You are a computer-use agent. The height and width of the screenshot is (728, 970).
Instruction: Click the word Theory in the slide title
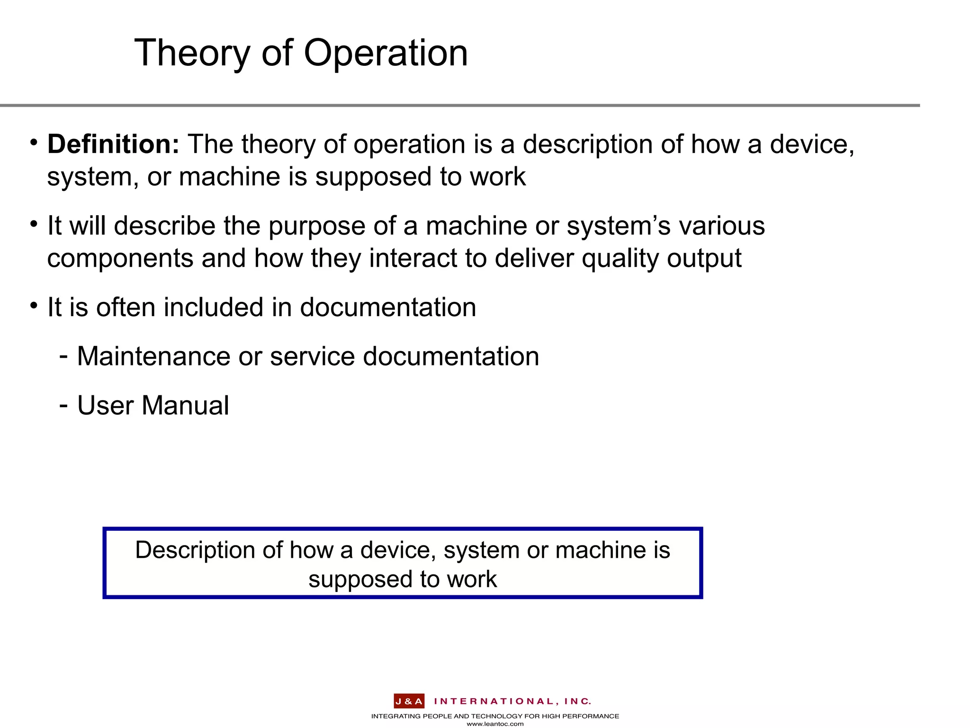(192, 53)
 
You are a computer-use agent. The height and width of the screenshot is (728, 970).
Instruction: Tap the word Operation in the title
(386, 53)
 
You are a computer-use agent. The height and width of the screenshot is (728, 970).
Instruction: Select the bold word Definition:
(113, 144)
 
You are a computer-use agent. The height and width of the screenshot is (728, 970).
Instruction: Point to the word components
(120, 259)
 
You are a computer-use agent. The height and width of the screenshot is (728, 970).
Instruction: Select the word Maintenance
(153, 356)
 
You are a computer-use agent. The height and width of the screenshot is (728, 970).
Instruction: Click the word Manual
(185, 406)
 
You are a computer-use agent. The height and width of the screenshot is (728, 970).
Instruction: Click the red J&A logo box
(409, 701)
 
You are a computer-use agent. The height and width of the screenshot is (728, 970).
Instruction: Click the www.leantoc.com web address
(495, 724)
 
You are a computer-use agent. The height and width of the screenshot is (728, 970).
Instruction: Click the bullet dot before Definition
(33, 142)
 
